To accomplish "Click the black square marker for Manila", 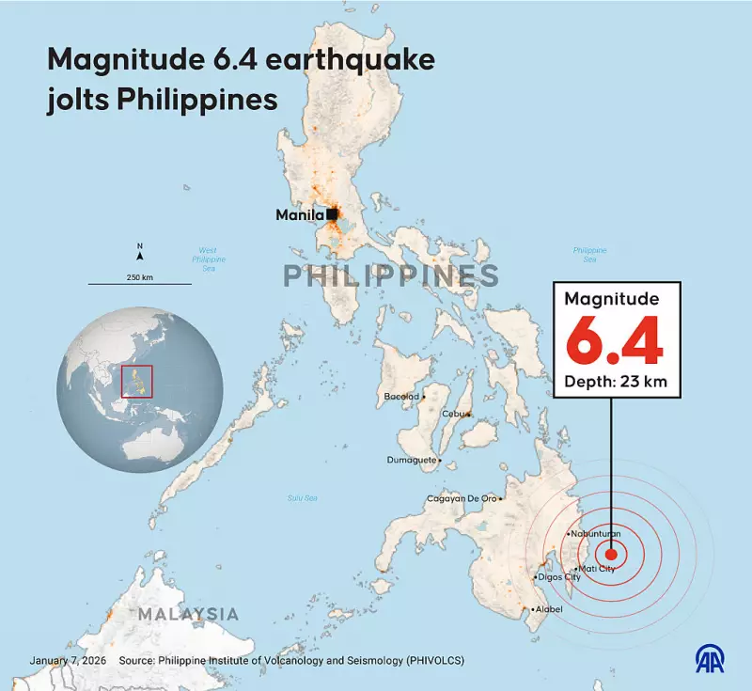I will (x=332, y=214).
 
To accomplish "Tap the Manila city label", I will (x=299, y=215).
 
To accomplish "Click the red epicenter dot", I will (x=612, y=555).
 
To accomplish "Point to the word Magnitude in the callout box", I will (x=612, y=299).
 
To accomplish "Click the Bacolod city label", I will (x=401, y=397).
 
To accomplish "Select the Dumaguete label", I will (x=412, y=460).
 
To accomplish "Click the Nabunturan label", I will (x=597, y=534).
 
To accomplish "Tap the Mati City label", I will (x=597, y=569).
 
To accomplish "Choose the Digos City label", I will (x=559, y=577).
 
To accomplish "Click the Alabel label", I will (x=550, y=610).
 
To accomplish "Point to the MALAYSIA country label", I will (x=188, y=614).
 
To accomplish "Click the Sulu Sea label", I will (x=303, y=497).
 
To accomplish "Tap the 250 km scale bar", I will (x=140, y=282).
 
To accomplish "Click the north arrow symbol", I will (x=140, y=253).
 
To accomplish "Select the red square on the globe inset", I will (x=138, y=380).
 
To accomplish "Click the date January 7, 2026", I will (x=67, y=661).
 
